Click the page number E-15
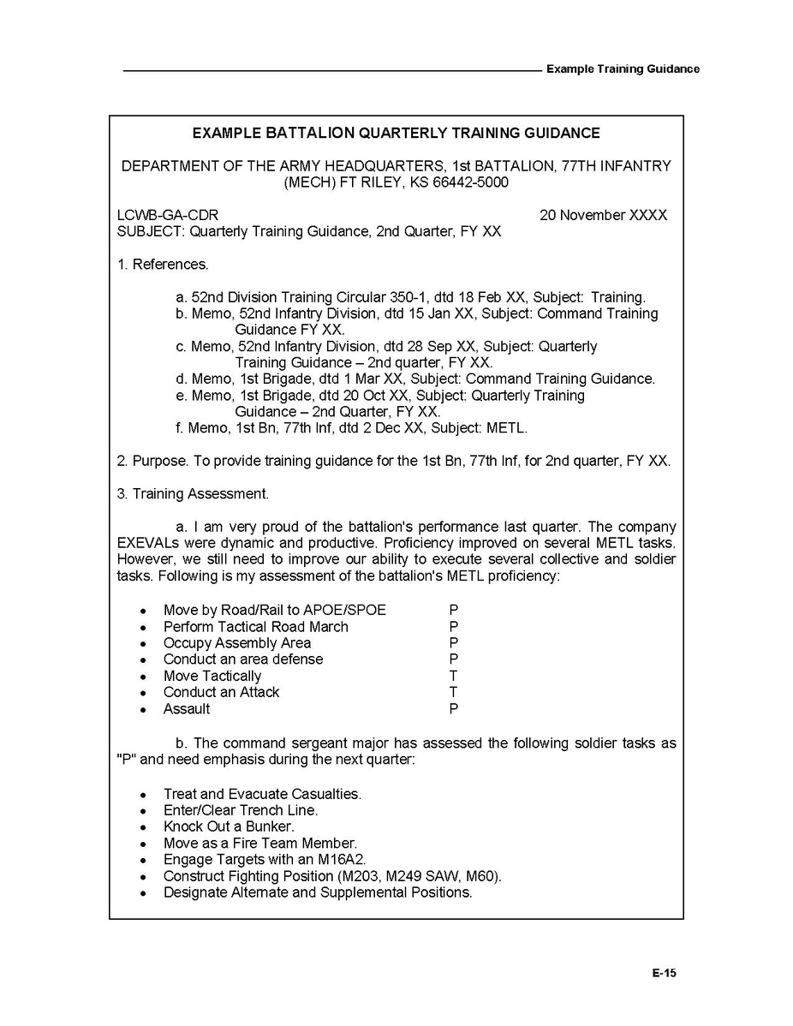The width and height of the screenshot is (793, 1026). (664, 973)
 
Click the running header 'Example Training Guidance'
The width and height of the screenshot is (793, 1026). (623, 69)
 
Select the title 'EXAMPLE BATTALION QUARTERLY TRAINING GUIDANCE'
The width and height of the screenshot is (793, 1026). (396, 134)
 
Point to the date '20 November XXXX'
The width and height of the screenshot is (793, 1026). (603, 216)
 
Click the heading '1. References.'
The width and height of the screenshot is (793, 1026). (163, 265)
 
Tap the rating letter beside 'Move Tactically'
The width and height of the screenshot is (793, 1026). (453, 677)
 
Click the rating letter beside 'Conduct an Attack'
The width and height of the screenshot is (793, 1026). (453, 693)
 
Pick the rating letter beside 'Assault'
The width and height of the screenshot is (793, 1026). (453, 709)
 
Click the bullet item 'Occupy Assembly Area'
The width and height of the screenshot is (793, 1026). (237, 643)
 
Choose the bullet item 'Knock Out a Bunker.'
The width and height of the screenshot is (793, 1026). (229, 827)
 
